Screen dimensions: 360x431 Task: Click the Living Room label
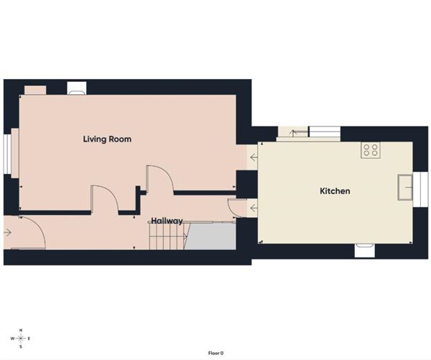pos(107,139)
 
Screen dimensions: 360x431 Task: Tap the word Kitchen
pos(335,191)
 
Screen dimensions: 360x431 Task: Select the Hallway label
pos(166,221)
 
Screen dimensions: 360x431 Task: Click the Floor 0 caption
pos(215,353)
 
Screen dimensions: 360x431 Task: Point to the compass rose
pos(21,338)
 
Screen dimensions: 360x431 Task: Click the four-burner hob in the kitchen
pos(371,149)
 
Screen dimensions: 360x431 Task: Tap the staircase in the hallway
pos(167,236)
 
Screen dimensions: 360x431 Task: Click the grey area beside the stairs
pos(212,236)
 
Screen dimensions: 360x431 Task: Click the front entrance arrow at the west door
pos(8,232)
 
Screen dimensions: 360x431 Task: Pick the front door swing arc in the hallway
pos(33,232)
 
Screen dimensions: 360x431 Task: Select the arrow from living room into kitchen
pos(252,157)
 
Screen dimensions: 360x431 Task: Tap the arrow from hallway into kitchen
pos(252,208)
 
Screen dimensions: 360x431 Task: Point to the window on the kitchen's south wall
pos(365,249)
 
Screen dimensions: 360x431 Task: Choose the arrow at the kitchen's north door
pos(292,131)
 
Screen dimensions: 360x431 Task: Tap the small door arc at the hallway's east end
pos(232,207)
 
